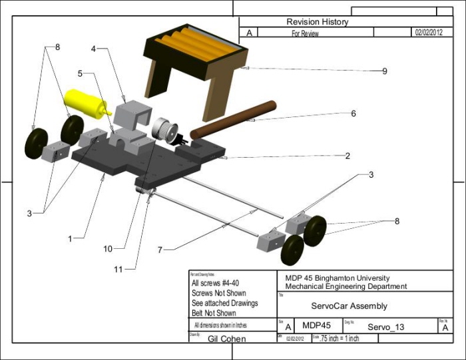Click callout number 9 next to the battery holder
pyautogui.click(x=385, y=71)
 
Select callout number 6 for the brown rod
pyautogui.click(x=353, y=114)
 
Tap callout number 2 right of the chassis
pyautogui.click(x=348, y=156)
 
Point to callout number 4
pyautogui.click(x=94, y=49)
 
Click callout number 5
pyautogui.click(x=79, y=74)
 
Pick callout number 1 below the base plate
pyautogui.click(x=71, y=236)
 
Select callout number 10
pyautogui.click(x=107, y=248)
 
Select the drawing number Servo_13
pyautogui.click(x=385, y=327)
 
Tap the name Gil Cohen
pyautogui.click(x=227, y=339)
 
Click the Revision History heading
pyautogui.click(x=317, y=22)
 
